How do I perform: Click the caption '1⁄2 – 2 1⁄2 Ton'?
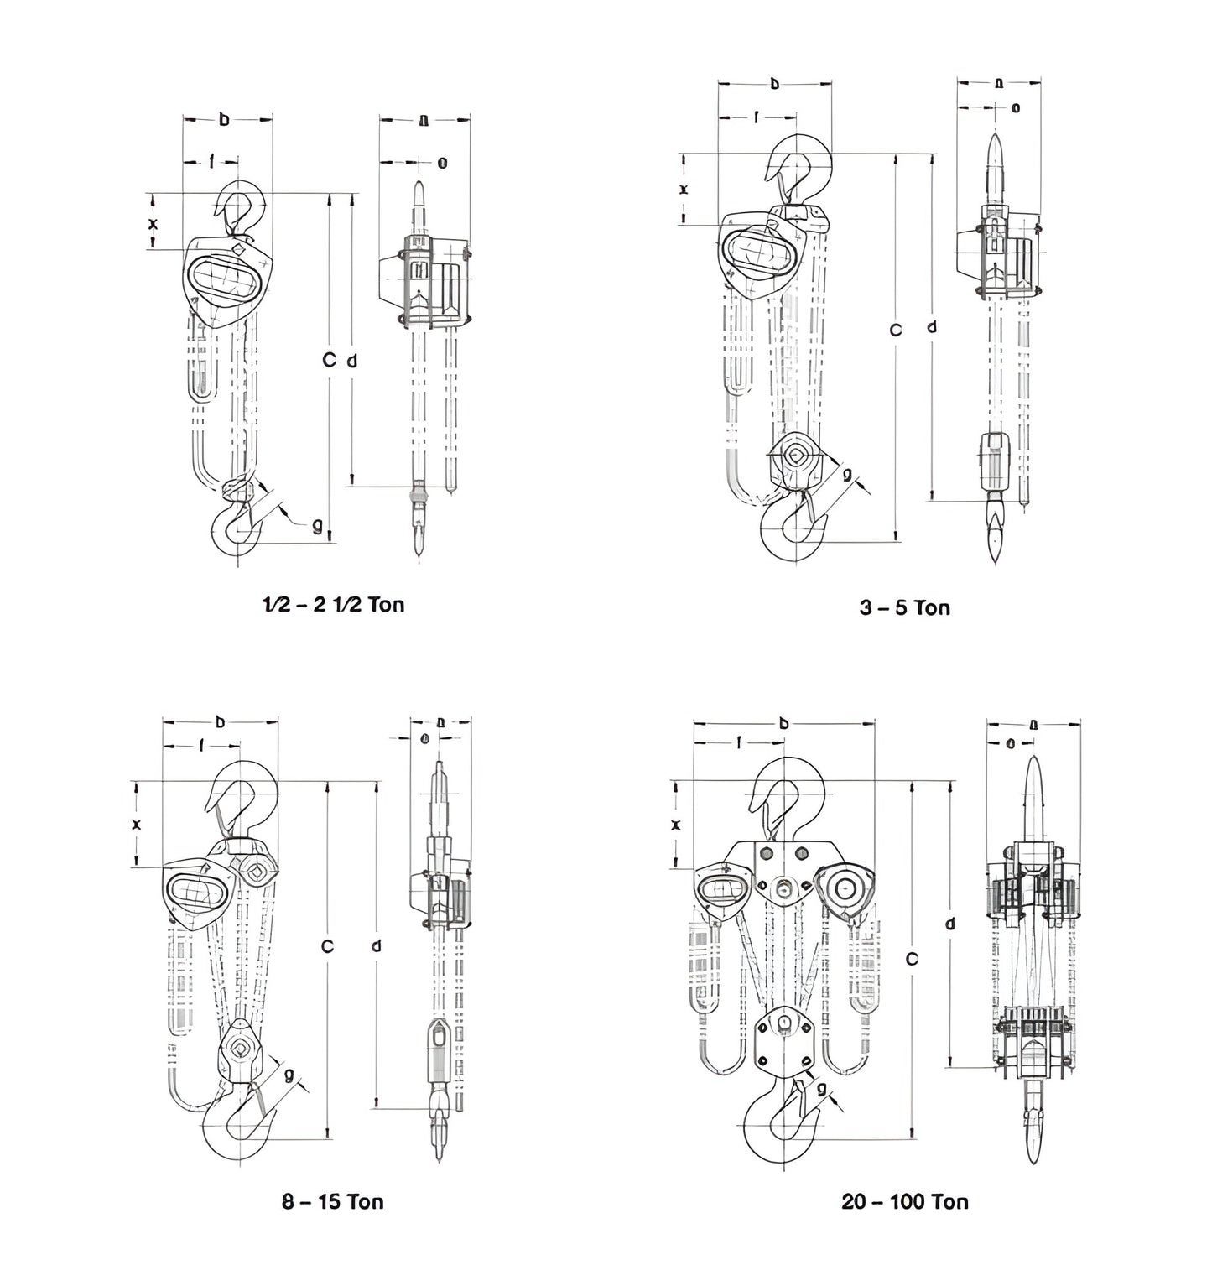pyautogui.click(x=333, y=604)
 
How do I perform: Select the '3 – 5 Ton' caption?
pyautogui.click(x=905, y=607)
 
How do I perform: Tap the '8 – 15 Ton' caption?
pyautogui.click(x=333, y=1201)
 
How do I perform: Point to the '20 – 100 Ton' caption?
pyautogui.click(x=905, y=1201)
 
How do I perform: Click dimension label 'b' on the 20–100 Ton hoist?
pyautogui.click(x=784, y=722)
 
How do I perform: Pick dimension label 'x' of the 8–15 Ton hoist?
pyautogui.click(x=136, y=824)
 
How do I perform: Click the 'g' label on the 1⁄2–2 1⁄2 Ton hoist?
pyautogui.click(x=317, y=525)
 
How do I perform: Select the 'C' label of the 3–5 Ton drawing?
pyautogui.click(x=896, y=330)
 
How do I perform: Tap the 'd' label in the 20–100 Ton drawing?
pyautogui.click(x=949, y=924)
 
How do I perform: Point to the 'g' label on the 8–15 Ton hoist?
pyautogui.click(x=289, y=1074)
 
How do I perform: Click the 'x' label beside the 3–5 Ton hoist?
pyautogui.click(x=684, y=189)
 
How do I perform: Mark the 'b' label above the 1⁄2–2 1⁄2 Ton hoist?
pyautogui.click(x=224, y=120)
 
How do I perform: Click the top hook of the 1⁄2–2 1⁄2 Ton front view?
pyautogui.click(x=243, y=206)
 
